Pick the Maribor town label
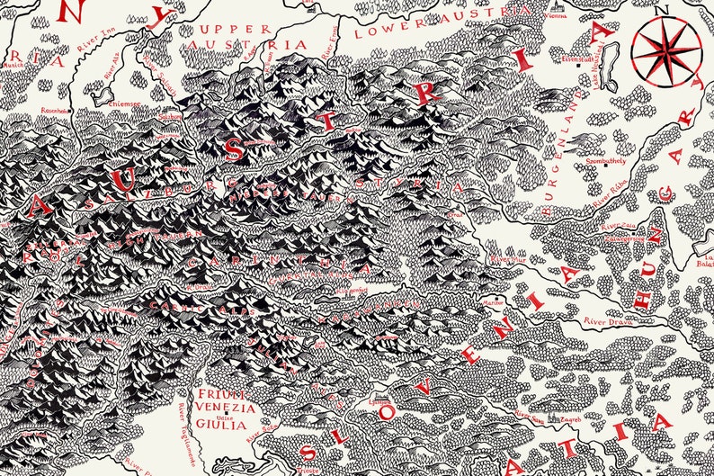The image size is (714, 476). point(494,303)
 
